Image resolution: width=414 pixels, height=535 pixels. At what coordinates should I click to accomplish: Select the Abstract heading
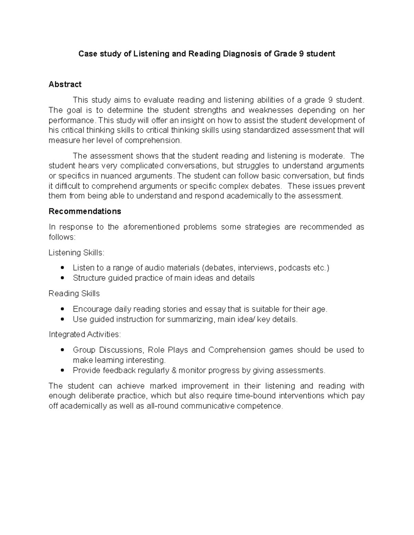pos(65,84)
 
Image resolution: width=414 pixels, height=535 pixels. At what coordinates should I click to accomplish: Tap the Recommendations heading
pos(85,211)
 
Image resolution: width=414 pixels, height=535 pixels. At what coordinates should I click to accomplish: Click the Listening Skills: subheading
pos(76,253)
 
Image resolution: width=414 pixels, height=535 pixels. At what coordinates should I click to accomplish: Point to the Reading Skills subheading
pos(74,294)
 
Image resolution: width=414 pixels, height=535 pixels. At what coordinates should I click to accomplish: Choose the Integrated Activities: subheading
pos(85,335)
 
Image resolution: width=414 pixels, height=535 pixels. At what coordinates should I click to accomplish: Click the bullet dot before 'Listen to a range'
pos(62,268)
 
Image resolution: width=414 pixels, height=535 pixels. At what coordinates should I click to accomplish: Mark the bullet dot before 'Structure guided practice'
pos(62,278)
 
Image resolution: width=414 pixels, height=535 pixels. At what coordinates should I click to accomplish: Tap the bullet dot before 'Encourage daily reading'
pos(62,309)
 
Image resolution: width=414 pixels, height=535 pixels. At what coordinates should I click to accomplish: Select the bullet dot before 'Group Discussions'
pos(62,350)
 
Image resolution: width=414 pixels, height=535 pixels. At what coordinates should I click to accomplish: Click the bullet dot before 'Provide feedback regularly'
pos(62,370)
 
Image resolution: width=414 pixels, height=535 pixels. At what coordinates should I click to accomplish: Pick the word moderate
pos(326,156)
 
